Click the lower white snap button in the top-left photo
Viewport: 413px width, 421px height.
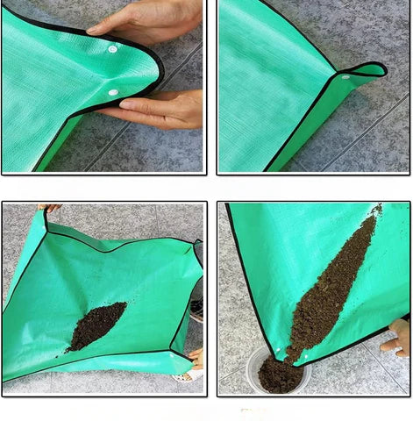coord(112,91)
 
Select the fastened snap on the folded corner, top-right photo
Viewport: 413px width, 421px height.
coord(345,77)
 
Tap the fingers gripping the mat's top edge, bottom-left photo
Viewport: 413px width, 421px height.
coord(50,208)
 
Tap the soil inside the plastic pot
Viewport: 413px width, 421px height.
coord(279,377)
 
